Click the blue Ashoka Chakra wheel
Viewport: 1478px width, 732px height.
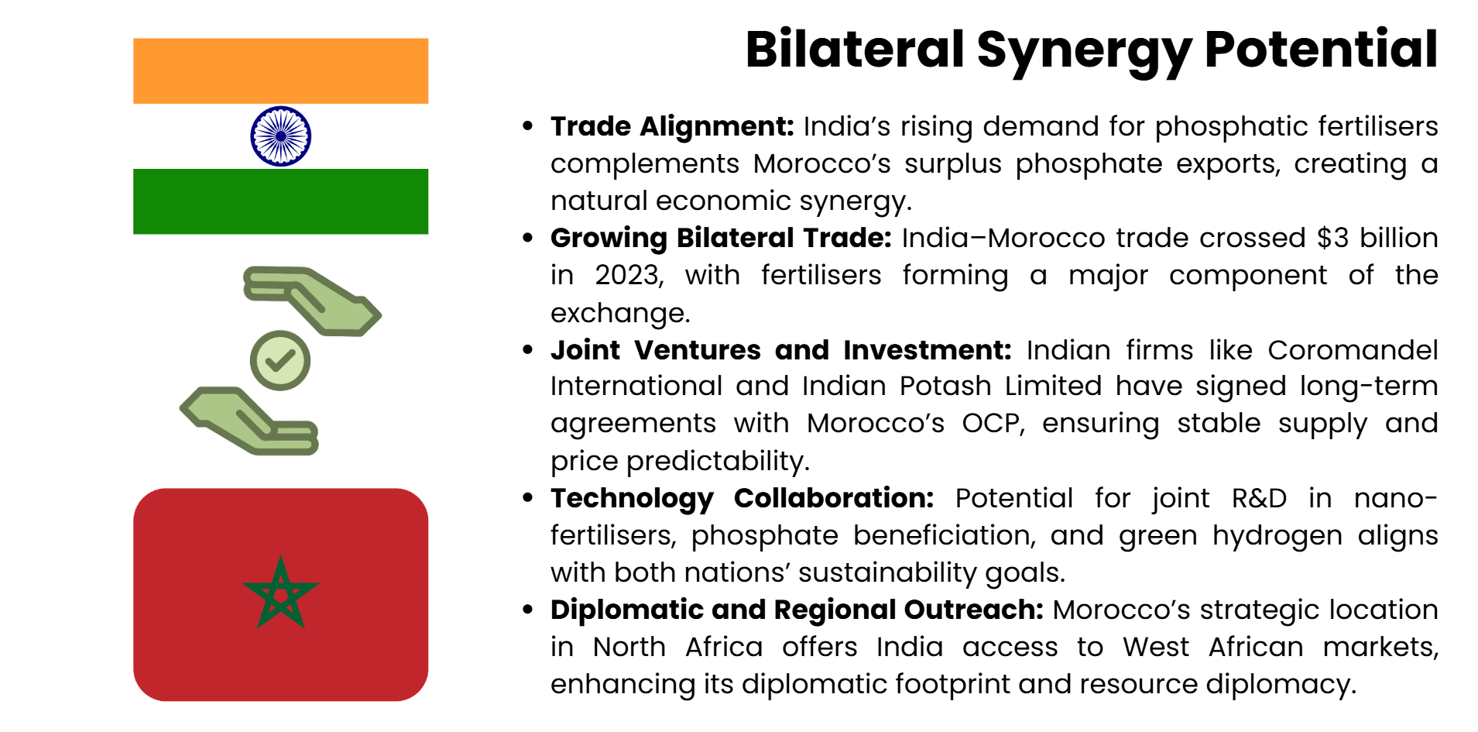(x=280, y=136)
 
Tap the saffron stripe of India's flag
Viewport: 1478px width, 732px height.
(x=280, y=70)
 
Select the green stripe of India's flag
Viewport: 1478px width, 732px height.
(x=280, y=201)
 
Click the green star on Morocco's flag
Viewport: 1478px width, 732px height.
(x=280, y=593)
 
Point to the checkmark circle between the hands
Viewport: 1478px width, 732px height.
(x=280, y=361)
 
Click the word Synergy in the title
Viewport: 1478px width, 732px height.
(x=1083, y=50)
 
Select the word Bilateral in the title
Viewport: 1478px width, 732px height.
(x=854, y=50)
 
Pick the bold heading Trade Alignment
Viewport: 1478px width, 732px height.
(x=672, y=126)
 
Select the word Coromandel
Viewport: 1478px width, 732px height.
(x=1352, y=350)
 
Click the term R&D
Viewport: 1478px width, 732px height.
(x=1259, y=498)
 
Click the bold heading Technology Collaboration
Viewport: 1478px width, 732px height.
(x=742, y=498)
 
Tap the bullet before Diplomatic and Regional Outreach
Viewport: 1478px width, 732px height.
(x=528, y=610)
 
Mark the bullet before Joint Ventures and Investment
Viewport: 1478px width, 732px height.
(x=528, y=350)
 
